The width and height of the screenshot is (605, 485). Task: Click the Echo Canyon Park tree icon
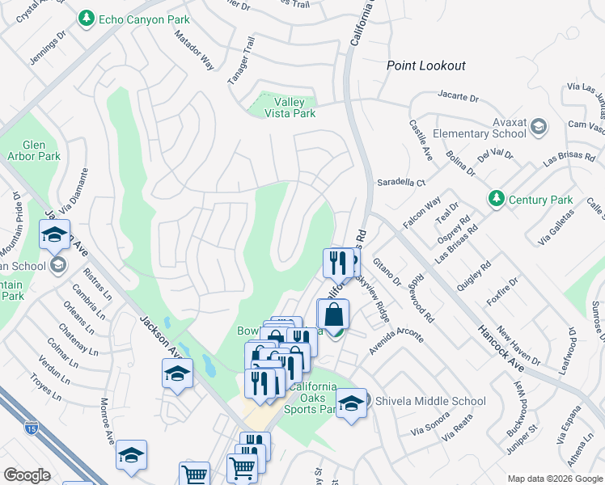pos(86,18)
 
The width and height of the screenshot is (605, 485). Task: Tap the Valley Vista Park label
pos(294,108)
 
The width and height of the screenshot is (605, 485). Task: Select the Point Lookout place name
pos(425,65)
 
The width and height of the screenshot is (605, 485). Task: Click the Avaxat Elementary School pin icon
pos(539,127)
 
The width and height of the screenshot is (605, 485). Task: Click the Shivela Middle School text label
pos(429,401)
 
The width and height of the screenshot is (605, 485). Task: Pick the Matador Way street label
pos(195,51)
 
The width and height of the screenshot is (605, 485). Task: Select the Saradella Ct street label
pos(401,183)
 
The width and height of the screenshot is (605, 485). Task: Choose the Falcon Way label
pos(421,213)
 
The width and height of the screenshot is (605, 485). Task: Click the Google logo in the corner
pos(27,475)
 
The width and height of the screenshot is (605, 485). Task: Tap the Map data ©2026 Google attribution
pos(554,479)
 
